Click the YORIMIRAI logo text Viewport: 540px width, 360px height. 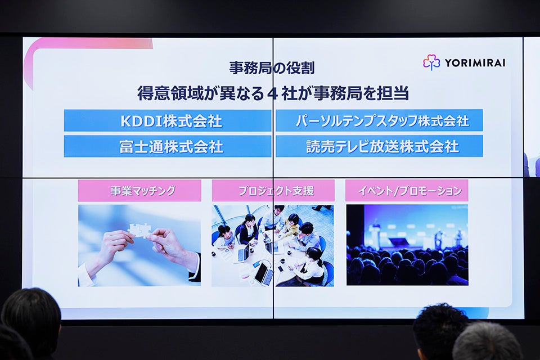pos(475,63)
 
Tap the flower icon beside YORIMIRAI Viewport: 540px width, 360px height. pos(431,62)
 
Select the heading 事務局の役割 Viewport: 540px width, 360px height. pos(272,68)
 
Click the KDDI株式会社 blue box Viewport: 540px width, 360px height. pos(168,120)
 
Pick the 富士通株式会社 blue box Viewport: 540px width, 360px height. pos(168,146)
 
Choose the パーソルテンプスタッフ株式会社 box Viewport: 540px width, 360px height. pos(379,120)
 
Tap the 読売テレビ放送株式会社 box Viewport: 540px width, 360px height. pos(379,146)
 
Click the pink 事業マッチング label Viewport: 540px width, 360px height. pos(139,191)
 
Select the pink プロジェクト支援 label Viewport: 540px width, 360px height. pos(273,191)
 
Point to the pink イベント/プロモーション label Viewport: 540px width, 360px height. pos(407,190)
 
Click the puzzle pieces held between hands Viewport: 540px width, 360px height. pos(140,230)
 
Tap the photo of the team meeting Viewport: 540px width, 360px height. pos(273,246)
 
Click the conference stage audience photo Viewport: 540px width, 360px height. pos(407,245)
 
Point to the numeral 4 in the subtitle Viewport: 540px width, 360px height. pos(272,94)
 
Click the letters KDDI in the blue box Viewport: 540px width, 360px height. pos(141,121)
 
